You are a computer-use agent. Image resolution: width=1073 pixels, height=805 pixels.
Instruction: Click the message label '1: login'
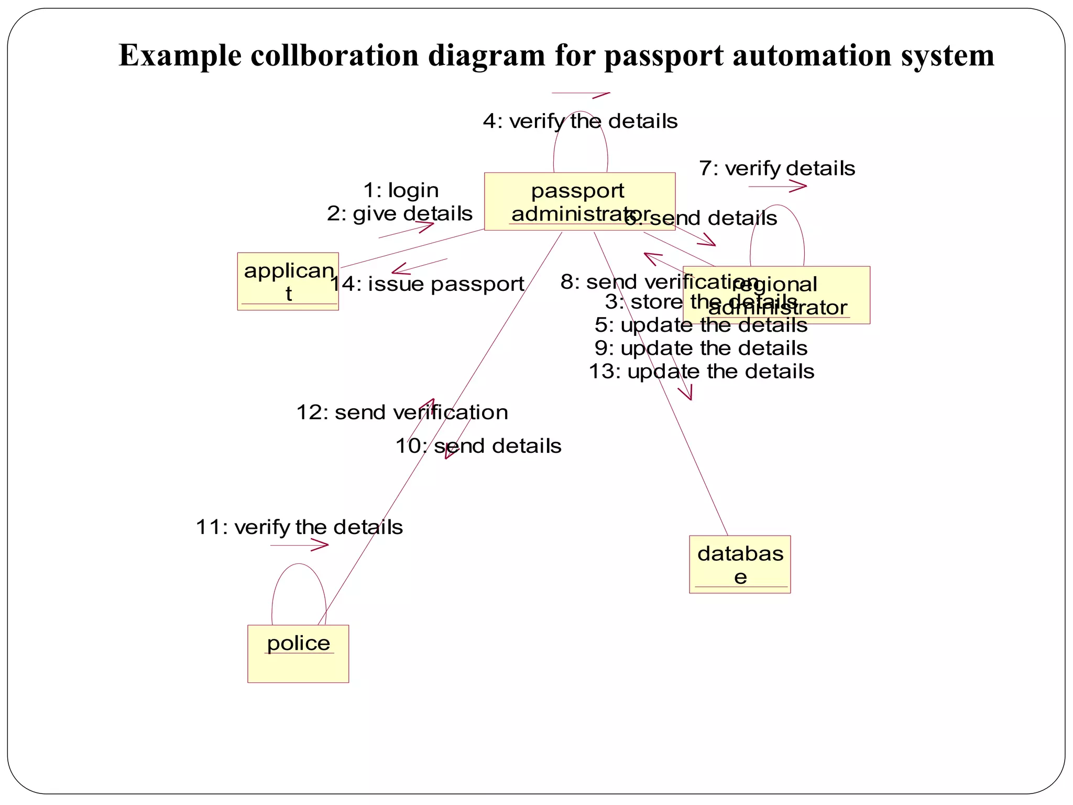pyautogui.click(x=401, y=190)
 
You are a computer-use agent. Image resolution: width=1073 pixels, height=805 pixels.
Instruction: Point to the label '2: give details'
pyautogui.click(x=400, y=214)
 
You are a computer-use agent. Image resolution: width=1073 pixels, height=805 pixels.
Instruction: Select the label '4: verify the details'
pyautogui.click(x=580, y=121)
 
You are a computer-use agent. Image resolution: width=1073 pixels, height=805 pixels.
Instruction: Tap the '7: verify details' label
pyautogui.click(x=776, y=169)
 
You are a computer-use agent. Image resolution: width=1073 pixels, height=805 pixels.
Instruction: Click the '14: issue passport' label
pyautogui.click(x=427, y=284)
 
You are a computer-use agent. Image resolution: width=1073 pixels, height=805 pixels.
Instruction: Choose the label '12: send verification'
pyautogui.click(x=402, y=412)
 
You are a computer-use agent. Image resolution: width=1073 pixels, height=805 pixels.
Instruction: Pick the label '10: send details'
pyautogui.click(x=478, y=446)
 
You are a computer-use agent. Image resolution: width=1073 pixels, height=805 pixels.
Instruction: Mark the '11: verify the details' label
pyautogui.click(x=299, y=527)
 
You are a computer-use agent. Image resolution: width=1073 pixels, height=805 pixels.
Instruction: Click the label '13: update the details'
pyautogui.click(x=701, y=372)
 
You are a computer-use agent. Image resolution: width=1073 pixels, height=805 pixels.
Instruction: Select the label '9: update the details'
pyautogui.click(x=701, y=349)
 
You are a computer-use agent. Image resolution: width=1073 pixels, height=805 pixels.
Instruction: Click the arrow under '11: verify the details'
pyautogui.click(x=300, y=546)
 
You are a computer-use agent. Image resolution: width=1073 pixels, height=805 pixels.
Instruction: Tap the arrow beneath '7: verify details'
pyautogui.click(x=778, y=186)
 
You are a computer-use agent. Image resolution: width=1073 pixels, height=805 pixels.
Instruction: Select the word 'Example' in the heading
pyautogui.click(x=180, y=56)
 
